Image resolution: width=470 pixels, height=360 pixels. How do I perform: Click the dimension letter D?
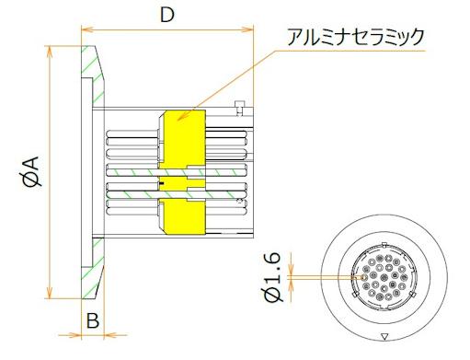click(x=166, y=15)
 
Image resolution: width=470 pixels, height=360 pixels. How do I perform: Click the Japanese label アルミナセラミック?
click(x=355, y=36)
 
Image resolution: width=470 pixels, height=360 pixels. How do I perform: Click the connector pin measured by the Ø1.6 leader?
click(x=365, y=274)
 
